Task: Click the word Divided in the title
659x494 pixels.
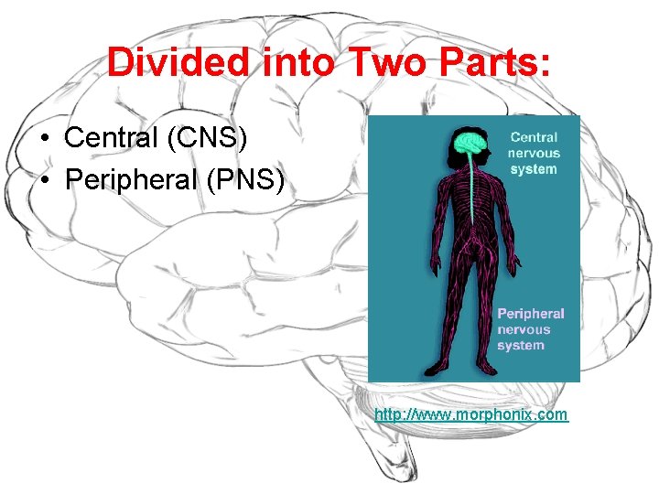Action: (177, 62)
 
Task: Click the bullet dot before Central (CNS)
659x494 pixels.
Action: (45, 140)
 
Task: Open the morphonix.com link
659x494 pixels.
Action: (470, 414)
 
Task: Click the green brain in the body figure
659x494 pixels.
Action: (470, 143)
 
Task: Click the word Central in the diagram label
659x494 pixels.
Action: (534, 138)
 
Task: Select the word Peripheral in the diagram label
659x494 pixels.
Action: (531, 314)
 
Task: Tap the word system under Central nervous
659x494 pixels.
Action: (534, 169)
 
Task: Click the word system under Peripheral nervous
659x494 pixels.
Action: (521, 345)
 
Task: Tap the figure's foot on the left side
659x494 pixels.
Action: (449, 372)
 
